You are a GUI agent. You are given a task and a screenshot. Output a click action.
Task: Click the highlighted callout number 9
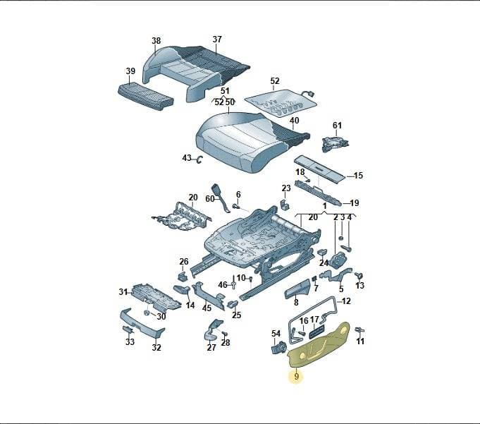point(296,376)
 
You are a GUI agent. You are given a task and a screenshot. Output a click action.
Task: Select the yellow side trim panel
point(319,346)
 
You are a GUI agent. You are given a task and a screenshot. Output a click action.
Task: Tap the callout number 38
point(156,41)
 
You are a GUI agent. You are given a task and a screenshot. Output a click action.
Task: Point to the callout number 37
point(217,40)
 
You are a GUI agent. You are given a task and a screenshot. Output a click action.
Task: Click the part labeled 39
point(146,95)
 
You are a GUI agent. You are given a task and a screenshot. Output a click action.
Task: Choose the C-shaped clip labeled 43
point(199,159)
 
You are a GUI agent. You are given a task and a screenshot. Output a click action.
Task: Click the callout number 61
point(337,126)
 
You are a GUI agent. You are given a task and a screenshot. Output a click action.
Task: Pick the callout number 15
point(358,176)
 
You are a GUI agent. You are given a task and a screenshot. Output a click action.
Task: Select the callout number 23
point(286,188)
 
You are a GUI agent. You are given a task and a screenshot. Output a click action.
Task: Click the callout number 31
point(123,292)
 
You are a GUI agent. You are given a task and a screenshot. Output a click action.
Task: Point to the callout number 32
point(156,347)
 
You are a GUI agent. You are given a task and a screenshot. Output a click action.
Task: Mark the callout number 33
point(130,341)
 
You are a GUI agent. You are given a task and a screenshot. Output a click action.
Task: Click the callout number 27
point(211,347)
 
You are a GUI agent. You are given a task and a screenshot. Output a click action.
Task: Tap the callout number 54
point(276,333)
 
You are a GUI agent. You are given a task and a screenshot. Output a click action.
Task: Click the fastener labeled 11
point(359,331)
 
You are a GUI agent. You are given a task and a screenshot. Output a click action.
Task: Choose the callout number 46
point(223,285)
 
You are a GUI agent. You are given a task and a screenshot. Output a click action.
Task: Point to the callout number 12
point(346,301)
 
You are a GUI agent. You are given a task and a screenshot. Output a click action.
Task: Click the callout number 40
point(294,120)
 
